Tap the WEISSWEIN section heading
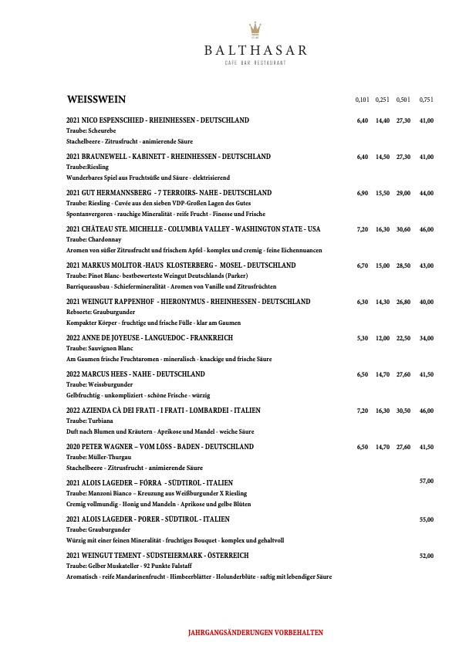click(x=96, y=100)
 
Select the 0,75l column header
click(x=426, y=100)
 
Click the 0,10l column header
click(x=363, y=100)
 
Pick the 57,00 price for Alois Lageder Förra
click(x=426, y=482)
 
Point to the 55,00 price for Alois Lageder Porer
click(x=426, y=519)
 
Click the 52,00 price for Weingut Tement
click(x=426, y=556)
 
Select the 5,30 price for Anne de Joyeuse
click(x=363, y=338)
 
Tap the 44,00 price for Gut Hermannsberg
click(x=426, y=193)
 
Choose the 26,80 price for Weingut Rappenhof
click(x=403, y=302)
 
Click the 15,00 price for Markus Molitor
click(x=383, y=265)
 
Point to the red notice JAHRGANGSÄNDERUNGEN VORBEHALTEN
click(x=255, y=632)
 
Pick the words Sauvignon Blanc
click(x=105, y=349)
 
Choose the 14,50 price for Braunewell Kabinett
click(x=383, y=157)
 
